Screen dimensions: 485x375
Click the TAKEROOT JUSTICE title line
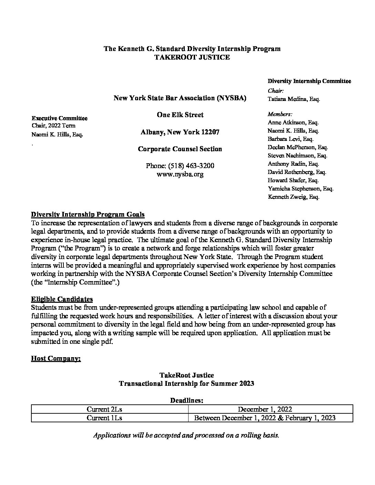(192, 57)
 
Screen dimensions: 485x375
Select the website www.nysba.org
(180, 174)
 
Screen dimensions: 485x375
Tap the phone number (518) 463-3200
(180, 166)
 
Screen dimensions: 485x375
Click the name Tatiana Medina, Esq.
(294, 99)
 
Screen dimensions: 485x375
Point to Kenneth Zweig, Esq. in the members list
(293, 197)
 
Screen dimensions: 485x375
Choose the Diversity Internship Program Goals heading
(88, 215)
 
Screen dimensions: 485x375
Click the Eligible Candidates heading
(62, 299)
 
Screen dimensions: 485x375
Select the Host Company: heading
(56, 359)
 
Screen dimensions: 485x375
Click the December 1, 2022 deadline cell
(265, 409)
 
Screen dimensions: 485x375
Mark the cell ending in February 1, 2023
(265, 418)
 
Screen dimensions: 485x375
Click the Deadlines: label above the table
(186, 401)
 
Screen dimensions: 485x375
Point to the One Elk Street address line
(180, 115)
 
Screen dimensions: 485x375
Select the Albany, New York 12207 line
(180, 132)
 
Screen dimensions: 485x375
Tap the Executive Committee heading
(59, 118)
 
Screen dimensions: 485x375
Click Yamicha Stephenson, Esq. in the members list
(300, 189)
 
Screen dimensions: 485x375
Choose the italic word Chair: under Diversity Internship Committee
(275, 91)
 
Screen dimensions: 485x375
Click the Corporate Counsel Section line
(180, 149)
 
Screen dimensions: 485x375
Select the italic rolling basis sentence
(186, 435)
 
